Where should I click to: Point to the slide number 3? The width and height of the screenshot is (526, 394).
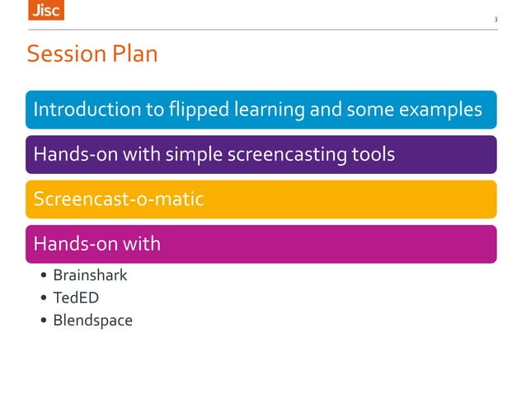(495, 20)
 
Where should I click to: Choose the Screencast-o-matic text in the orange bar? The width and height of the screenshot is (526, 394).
(118, 199)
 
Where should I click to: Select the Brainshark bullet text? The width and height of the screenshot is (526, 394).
(90, 274)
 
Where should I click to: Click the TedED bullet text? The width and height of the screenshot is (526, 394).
(76, 298)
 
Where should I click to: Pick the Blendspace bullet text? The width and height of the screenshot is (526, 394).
(92, 321)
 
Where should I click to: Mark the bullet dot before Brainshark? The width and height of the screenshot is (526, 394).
(42, 275)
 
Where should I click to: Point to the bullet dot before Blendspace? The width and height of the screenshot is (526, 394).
(42, 321)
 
